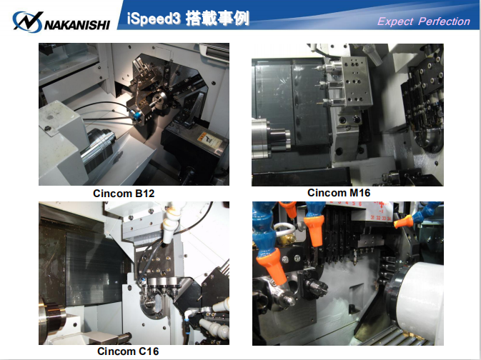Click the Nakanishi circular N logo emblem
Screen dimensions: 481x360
click(x=27, y=21)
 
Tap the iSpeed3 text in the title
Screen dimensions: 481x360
click(x=154, y=19)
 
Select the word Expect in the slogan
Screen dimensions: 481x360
click(x=395, y=21)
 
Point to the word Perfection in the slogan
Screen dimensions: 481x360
click(x=444, y=21)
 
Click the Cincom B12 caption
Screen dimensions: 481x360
click(x=124, y=194)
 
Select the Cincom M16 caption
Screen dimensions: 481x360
click(x=339, y=193)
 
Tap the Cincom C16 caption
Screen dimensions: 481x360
click(x=128, y=351)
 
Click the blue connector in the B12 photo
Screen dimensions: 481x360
click(x=136, y=115)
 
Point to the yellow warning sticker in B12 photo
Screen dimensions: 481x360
click(x=209, y=140)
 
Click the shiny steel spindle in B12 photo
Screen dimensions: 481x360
click(x=98, y=147)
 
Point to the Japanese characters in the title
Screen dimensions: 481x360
click(x=217, y=19)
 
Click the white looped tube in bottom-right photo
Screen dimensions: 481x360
click(x=284, y=229)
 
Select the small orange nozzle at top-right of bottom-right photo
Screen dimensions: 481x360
click(x=403, y=221)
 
